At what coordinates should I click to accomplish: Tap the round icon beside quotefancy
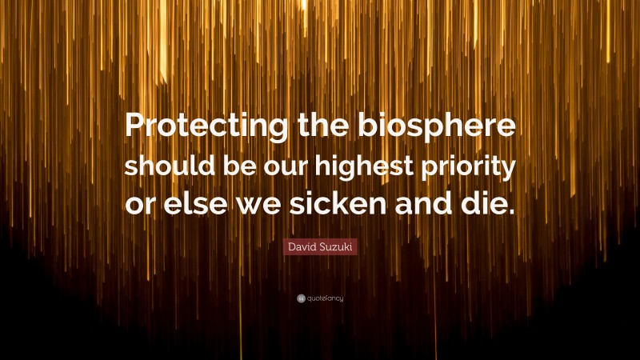(300, 298)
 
